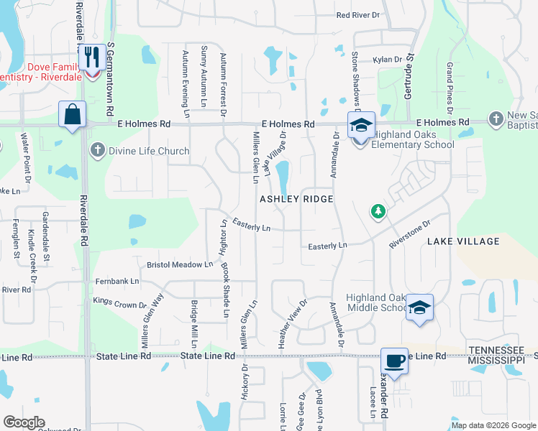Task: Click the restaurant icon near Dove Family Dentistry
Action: tap(91, 55)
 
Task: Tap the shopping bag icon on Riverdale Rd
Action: tap(73, 115)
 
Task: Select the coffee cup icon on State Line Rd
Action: tap(394, 361)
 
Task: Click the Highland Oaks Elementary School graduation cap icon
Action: tap(361, 126)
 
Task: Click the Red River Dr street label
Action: tap(358, 14)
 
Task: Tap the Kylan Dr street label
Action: tap(386, 60)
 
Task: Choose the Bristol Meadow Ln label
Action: tap(180, 264)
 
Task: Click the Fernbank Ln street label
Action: tap(115, 281)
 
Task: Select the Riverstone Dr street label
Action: tap(409, 233)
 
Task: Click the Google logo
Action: tap(23, 422)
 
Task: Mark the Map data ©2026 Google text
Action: tap(493, 425)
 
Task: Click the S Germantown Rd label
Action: tap(111, 79)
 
